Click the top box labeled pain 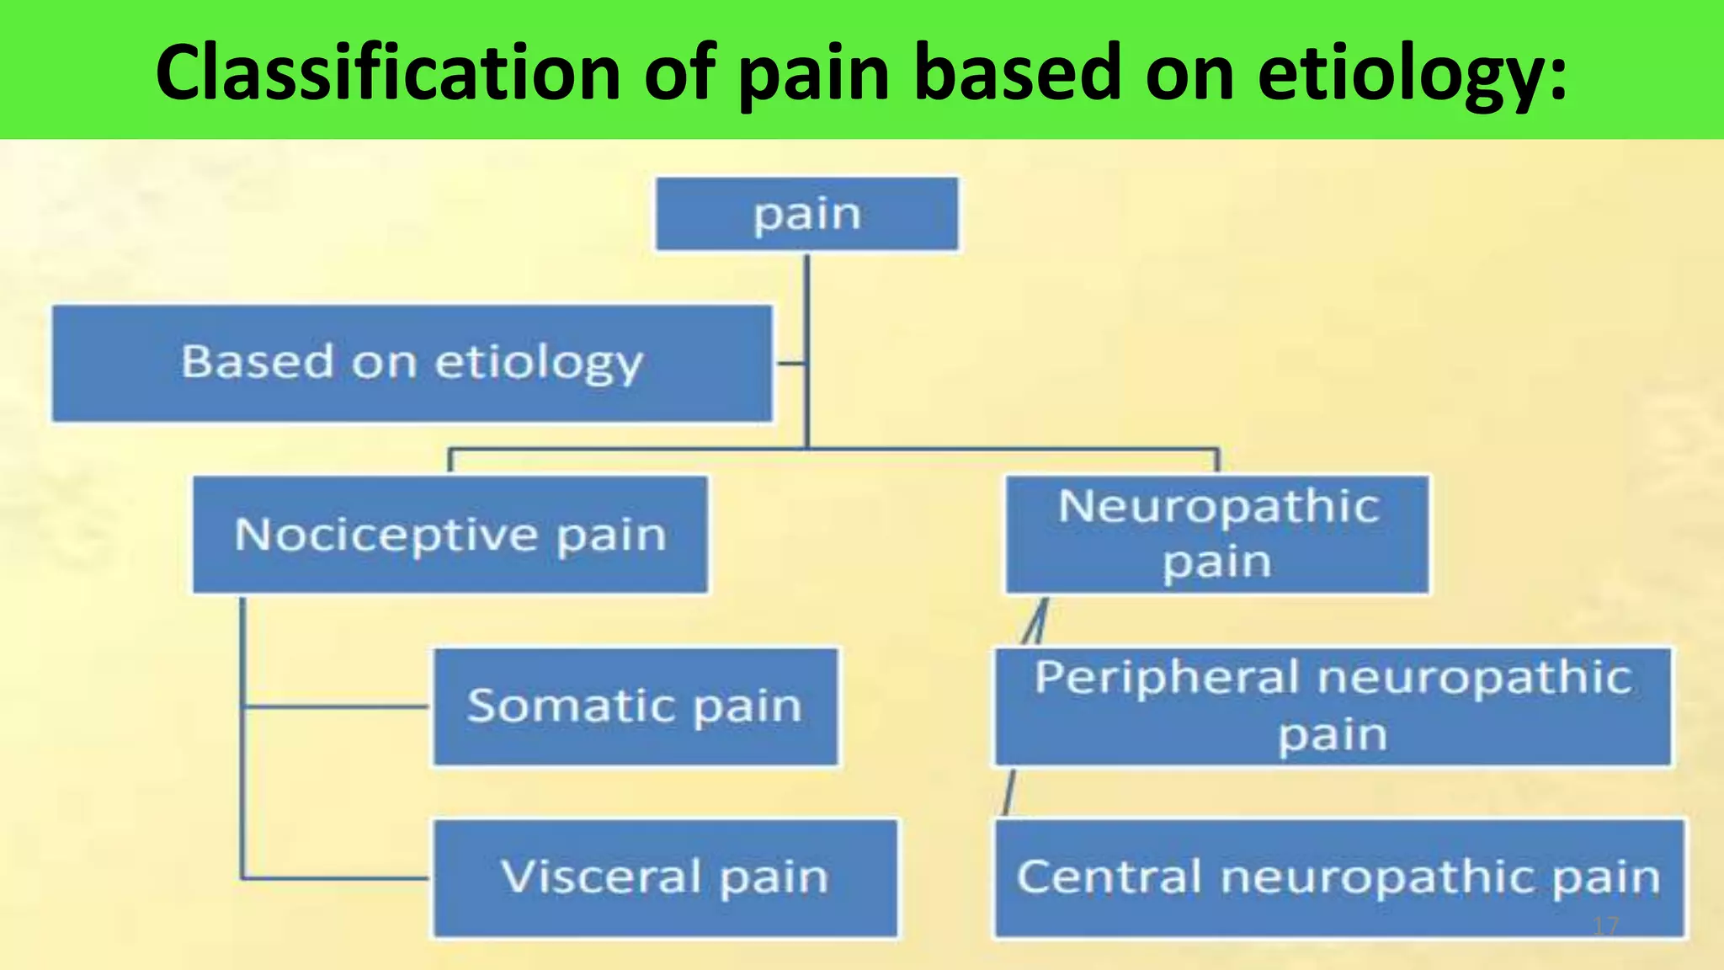(806, 214)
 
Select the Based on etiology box (412, 364)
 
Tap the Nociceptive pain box (450, 535)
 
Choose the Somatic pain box (636, 706)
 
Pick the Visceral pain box (665, 877)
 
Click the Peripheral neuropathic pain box (1333, 706)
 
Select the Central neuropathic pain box (1338, 877)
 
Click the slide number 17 (1605, 926)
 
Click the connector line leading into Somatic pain (337, 706)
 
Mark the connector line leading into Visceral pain (337, 878)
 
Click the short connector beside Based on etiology (790, 364)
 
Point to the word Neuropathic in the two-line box (1217, 507)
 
